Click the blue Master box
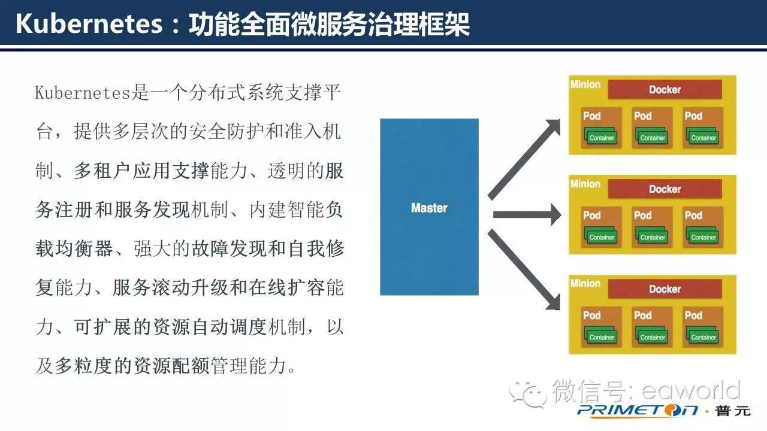[x=429, y=207]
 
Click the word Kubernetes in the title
[x=89, y=25]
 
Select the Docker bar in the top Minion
[x=665, y=90]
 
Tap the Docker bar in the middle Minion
[x=665, y=189]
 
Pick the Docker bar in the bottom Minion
[x=665, y=289]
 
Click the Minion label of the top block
[x=585, y=84]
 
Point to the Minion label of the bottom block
[x=585, y=284]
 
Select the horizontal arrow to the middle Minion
[x=524, y=214]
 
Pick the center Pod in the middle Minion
[x=652, y=227]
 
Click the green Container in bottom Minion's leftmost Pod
[x=602, y=337]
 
